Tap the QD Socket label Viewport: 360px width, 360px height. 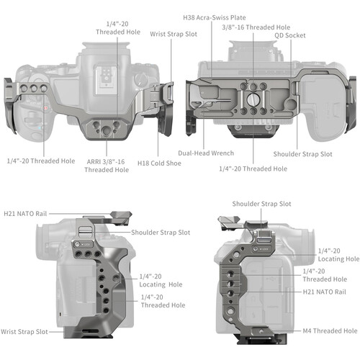pos(289,35)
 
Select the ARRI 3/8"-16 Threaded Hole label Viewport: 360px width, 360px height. pos(107,165)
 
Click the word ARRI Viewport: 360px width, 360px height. pos(93,161)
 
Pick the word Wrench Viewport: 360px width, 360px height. pos(223,153)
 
